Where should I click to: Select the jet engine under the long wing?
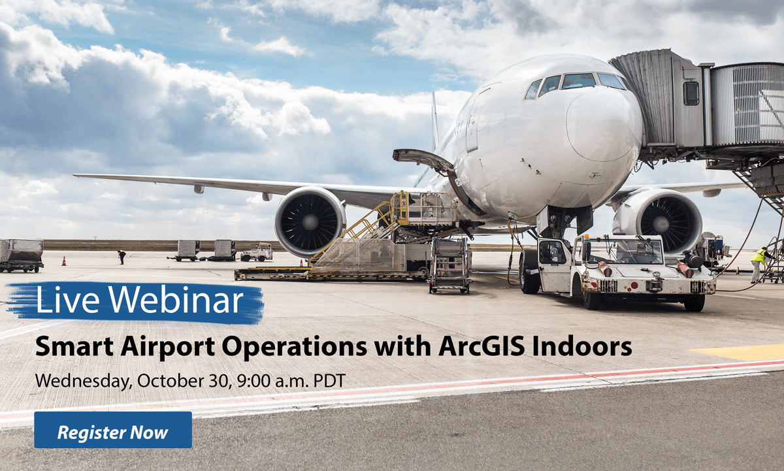click(310, 221)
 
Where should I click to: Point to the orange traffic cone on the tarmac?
click(63, 261)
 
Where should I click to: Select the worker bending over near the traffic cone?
click(122, 256)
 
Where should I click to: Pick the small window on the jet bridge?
click(691, 93)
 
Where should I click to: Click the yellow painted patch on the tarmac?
click(738, 352)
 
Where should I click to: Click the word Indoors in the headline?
click(582, 346)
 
